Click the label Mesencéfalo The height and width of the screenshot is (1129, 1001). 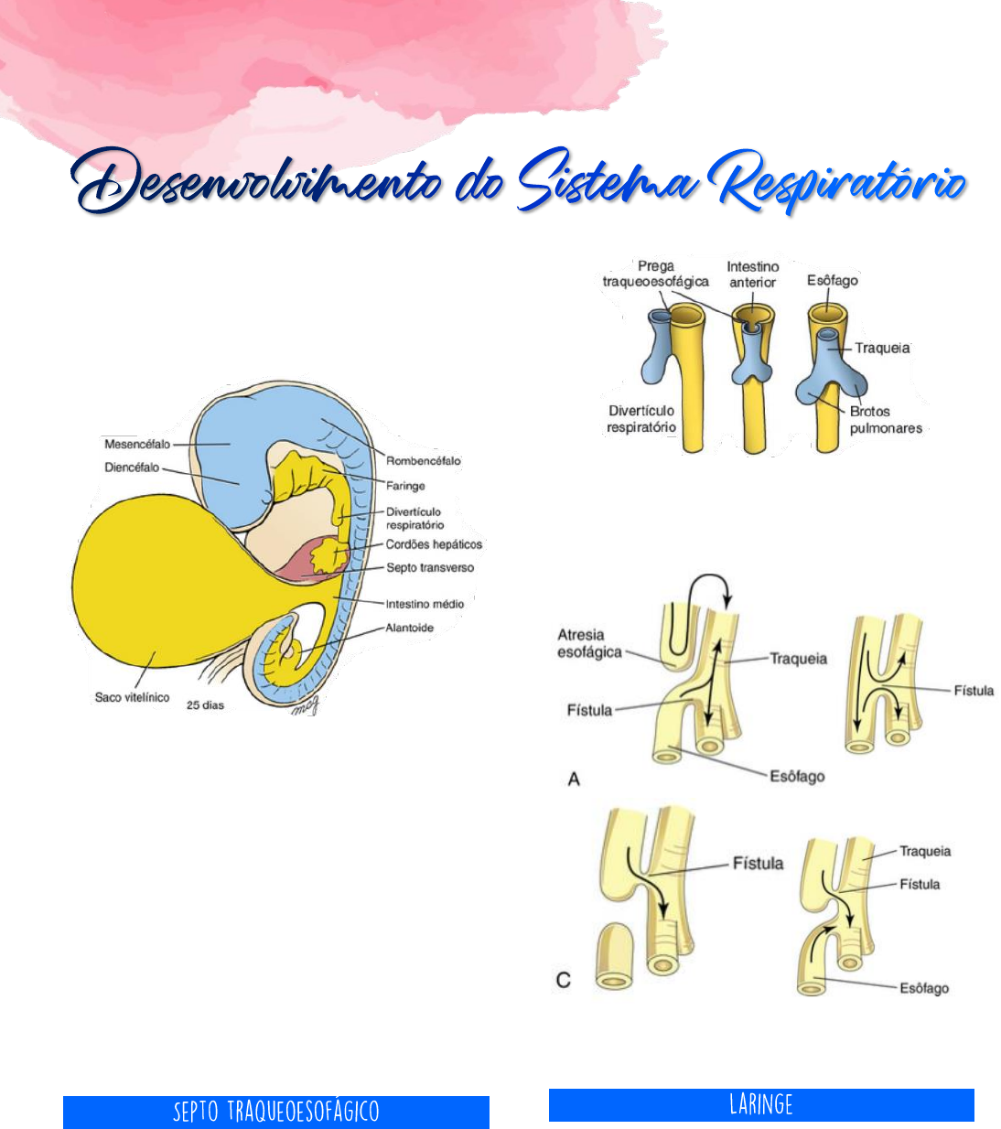(x=137, y=444)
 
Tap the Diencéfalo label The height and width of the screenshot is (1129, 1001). (x=132, y=468)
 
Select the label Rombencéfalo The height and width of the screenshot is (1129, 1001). (x=424, y=461)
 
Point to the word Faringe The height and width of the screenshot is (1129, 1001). (x=405, y=486)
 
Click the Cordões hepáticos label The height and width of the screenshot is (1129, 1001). (x=434, y=544)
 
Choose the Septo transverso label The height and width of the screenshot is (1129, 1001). (x=430, y=568)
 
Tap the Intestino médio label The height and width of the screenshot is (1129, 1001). (x=425, y=604)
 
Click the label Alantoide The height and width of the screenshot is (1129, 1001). (x=410, y=628)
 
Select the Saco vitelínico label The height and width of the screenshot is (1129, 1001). (x=132, y=698)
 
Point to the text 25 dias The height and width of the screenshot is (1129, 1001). (x=205, y=705)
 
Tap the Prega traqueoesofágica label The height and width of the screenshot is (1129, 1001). (x=655, y=274)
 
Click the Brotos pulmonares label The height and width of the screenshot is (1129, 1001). (x=886, y=420)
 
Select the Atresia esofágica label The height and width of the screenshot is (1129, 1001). (x=589, y=643)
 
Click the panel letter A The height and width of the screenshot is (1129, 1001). (x=574, y=779)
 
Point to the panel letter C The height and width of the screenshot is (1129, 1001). (x=564, y=980)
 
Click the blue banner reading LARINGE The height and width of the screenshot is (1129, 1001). (x=761, y=1104)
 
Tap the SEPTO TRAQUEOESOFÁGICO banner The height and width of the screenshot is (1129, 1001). (x=276, y=1112)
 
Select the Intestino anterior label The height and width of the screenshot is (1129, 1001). (x=752, y=274)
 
